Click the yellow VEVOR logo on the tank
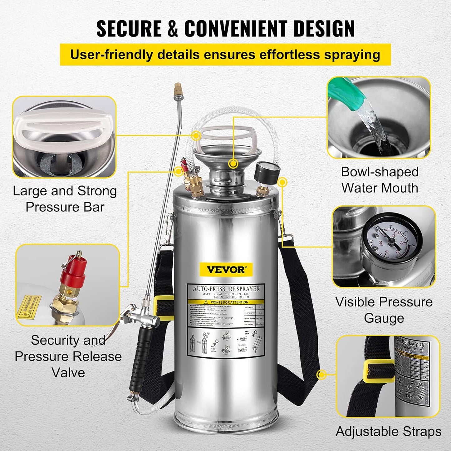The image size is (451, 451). click(226, 270)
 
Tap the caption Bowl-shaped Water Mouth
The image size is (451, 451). click(380, 180)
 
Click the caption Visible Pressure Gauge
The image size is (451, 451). click(384, 310)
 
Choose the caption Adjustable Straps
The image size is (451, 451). click(388, 432)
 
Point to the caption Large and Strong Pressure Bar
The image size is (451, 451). click(65, 199)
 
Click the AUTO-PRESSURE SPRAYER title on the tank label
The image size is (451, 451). click(226, 289)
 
